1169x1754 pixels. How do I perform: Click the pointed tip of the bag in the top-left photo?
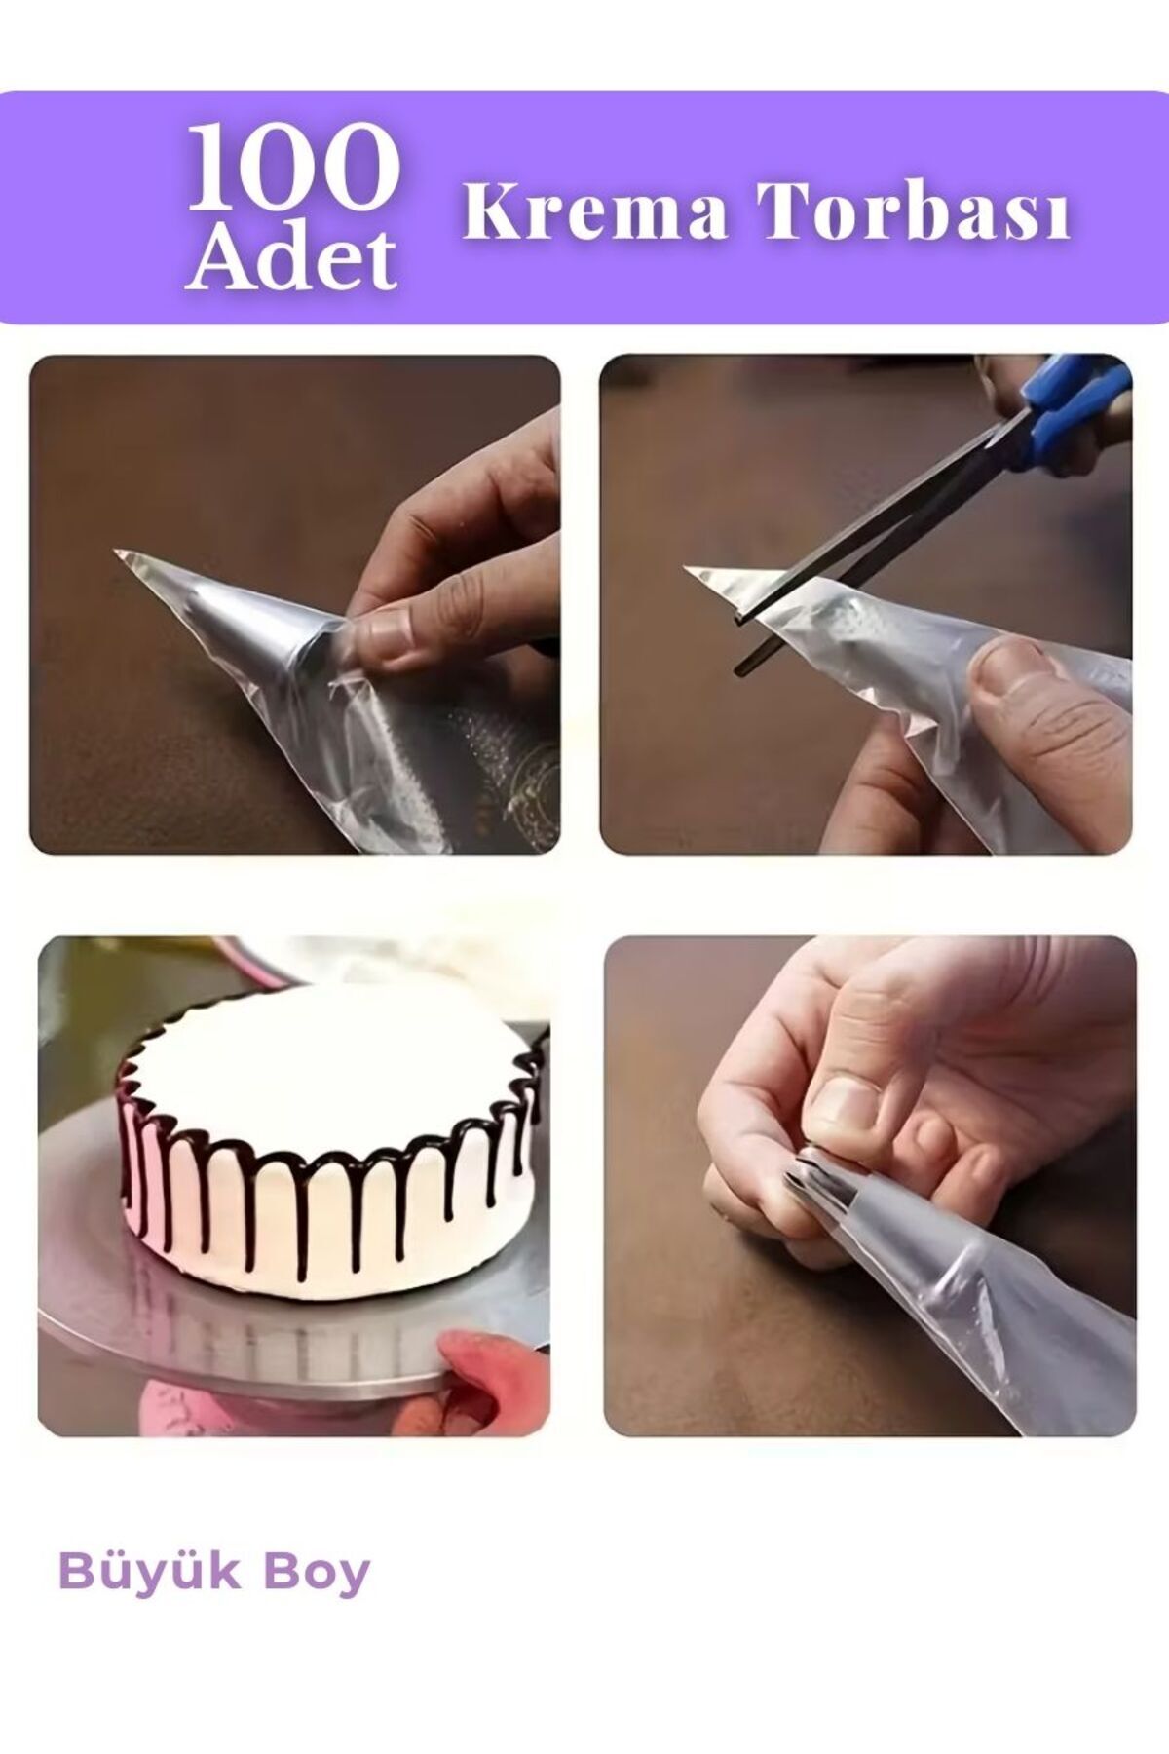click(x=116, y=553)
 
